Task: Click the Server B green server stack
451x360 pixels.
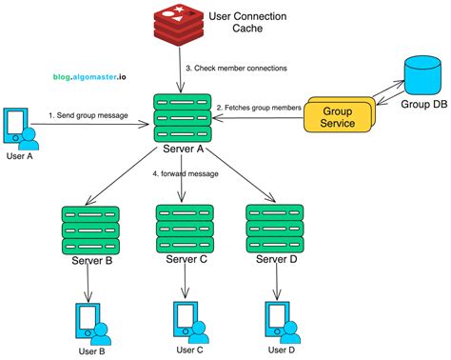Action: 87,229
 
